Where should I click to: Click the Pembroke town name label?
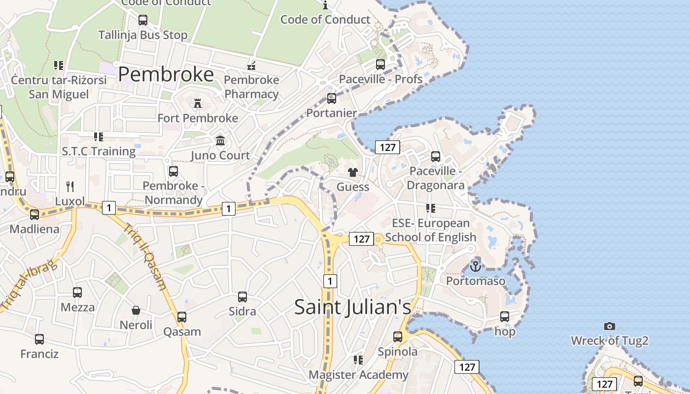click(166, 74)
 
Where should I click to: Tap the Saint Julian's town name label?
click(352, 307)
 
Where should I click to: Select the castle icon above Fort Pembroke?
click(198, 103)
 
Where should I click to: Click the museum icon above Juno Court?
click(220, 141)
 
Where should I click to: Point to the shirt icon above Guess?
click(353, 172)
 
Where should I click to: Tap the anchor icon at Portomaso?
click(476, 266)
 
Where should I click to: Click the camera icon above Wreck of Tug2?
click(610, 326)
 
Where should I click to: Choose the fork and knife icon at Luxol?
click(70, 186)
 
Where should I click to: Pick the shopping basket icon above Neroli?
click(136, 310)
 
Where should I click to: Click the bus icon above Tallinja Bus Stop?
click(143, 20)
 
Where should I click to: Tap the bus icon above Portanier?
click(332, 98)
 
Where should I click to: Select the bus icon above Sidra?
click(242, 297)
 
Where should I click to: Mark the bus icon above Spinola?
click(398, 337)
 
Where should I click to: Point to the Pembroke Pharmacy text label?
click(251, 87)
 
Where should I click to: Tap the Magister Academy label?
click(358, 375)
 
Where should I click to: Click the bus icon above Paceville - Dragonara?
click(436, 157)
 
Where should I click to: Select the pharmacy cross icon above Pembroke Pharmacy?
click(251, 65)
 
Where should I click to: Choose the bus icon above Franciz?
click(39, 339)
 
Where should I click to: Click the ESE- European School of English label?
click(431, 230)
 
